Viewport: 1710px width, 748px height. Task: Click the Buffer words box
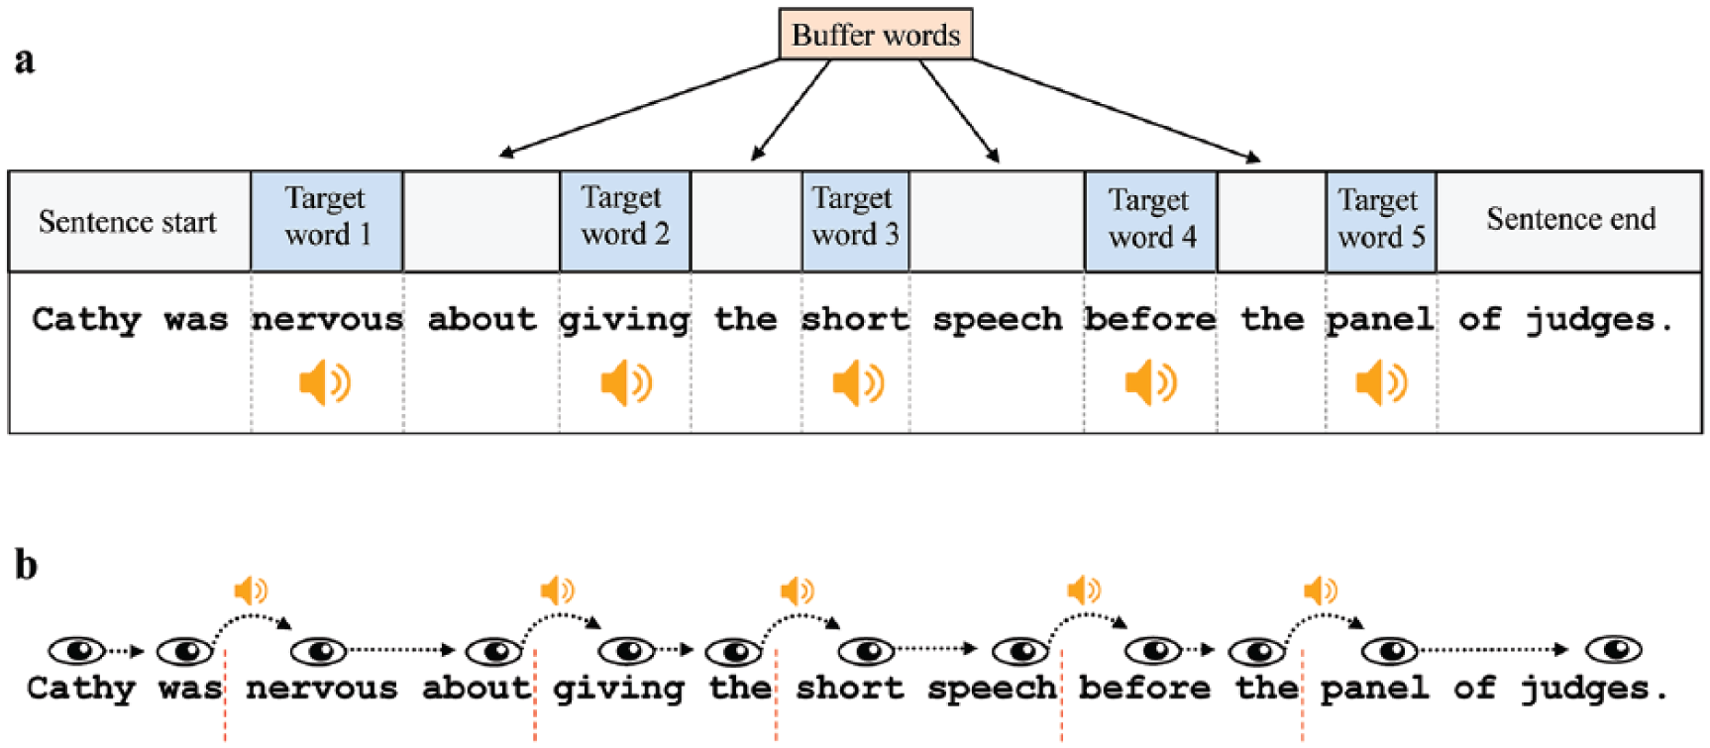876,35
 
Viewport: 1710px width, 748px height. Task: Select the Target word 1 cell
327,221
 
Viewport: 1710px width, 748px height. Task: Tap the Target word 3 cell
855,221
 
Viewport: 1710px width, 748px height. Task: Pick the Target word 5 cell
1381,221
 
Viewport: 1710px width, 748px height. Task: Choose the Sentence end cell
1569,221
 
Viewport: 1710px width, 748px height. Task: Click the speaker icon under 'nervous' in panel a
325,382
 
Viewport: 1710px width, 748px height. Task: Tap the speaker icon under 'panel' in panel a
1381,382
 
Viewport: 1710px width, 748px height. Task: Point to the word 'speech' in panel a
997,321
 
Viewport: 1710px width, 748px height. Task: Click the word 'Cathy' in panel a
86,320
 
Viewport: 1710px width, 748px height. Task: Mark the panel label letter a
25,60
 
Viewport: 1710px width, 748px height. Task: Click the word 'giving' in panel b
618,689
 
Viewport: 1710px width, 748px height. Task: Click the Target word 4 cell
1151,221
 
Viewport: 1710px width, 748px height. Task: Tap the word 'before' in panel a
1149,319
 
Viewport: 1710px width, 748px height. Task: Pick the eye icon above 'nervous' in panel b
318,651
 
